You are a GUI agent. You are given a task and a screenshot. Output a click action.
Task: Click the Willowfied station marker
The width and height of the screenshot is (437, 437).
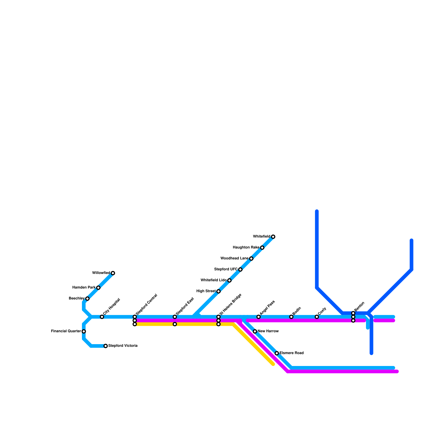point(113,273)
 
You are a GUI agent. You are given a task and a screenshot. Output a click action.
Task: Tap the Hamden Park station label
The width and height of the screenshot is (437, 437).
point(84,288)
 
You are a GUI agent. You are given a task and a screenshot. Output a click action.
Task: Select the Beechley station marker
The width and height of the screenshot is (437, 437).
point(87,299)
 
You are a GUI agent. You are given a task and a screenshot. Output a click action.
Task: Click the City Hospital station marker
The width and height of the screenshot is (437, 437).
point(102,317)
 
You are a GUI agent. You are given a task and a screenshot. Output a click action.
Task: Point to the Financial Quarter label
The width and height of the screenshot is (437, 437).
point(66,331)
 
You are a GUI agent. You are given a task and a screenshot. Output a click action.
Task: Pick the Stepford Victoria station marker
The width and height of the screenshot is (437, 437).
point(106,346)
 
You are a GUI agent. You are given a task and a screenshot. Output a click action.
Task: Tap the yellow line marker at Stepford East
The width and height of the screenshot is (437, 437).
point(175,324)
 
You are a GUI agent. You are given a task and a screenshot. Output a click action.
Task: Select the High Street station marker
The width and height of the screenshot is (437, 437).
point(218,291)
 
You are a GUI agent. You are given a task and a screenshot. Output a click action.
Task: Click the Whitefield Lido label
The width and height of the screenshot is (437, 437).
point(213,280)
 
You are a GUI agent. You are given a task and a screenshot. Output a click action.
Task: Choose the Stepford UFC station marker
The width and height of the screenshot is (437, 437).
point(240,270)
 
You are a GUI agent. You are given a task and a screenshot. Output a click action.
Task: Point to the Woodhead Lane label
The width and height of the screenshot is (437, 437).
point(234,258)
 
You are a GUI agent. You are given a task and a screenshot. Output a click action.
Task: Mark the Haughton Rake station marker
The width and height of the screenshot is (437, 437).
point(262,248)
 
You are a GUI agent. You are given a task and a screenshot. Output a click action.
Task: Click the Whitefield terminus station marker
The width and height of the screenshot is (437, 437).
point(273,237)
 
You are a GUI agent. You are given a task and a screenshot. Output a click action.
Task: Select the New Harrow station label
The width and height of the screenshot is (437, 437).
point(268,331)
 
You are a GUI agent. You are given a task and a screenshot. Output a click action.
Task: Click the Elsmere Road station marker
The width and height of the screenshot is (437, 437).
point(277,353)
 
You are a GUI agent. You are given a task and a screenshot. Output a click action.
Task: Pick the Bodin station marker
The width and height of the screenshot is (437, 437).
point(291,317)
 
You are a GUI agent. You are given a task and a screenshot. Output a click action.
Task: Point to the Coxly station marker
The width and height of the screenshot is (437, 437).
point(317,317)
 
